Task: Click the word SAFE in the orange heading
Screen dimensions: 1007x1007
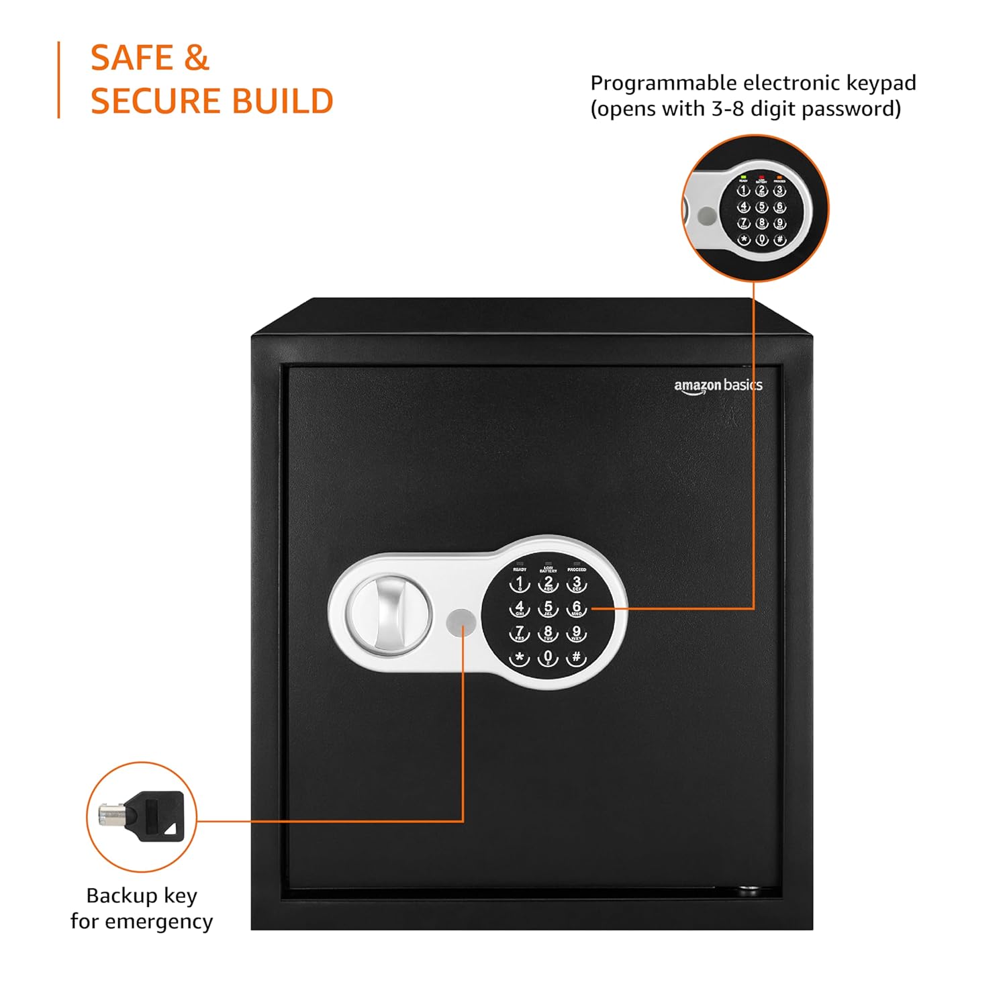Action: (x=132, y=58)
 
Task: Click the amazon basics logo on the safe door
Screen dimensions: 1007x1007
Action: (x=718, y=386)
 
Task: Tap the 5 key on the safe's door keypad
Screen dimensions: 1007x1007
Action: (x=548, y=608)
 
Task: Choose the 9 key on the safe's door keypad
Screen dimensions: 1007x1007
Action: (x=576, y=632)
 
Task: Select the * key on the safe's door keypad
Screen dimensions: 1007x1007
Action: (x=519, y=658)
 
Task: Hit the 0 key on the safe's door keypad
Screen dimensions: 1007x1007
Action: (x=548, y=658)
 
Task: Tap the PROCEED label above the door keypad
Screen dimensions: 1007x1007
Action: (x=576, y=569)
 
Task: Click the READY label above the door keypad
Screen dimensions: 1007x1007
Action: (x=520, y=569)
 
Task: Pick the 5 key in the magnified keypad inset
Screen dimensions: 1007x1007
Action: (x=761, y=207)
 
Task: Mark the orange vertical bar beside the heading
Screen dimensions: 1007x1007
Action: (x=59, y=80)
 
